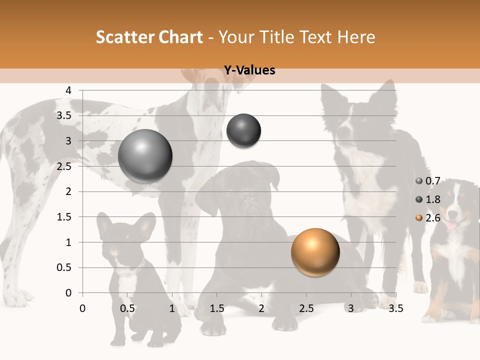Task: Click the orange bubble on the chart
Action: point(315,252)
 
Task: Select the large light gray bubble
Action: point(145,156)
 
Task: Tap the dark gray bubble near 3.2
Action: point(243,130)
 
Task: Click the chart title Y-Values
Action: point(249,70)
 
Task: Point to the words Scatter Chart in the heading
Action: point(149,37)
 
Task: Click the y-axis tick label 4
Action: point(69,90)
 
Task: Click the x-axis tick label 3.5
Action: point(395,308)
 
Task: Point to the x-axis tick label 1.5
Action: point(216,308)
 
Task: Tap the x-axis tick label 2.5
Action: point(306,308)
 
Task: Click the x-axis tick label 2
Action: point(261,308)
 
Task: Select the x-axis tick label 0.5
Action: point(127,308)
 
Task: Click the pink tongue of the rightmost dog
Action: point(451,225)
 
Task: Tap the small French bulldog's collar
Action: point(131,271)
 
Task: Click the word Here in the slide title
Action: point(356,37)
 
